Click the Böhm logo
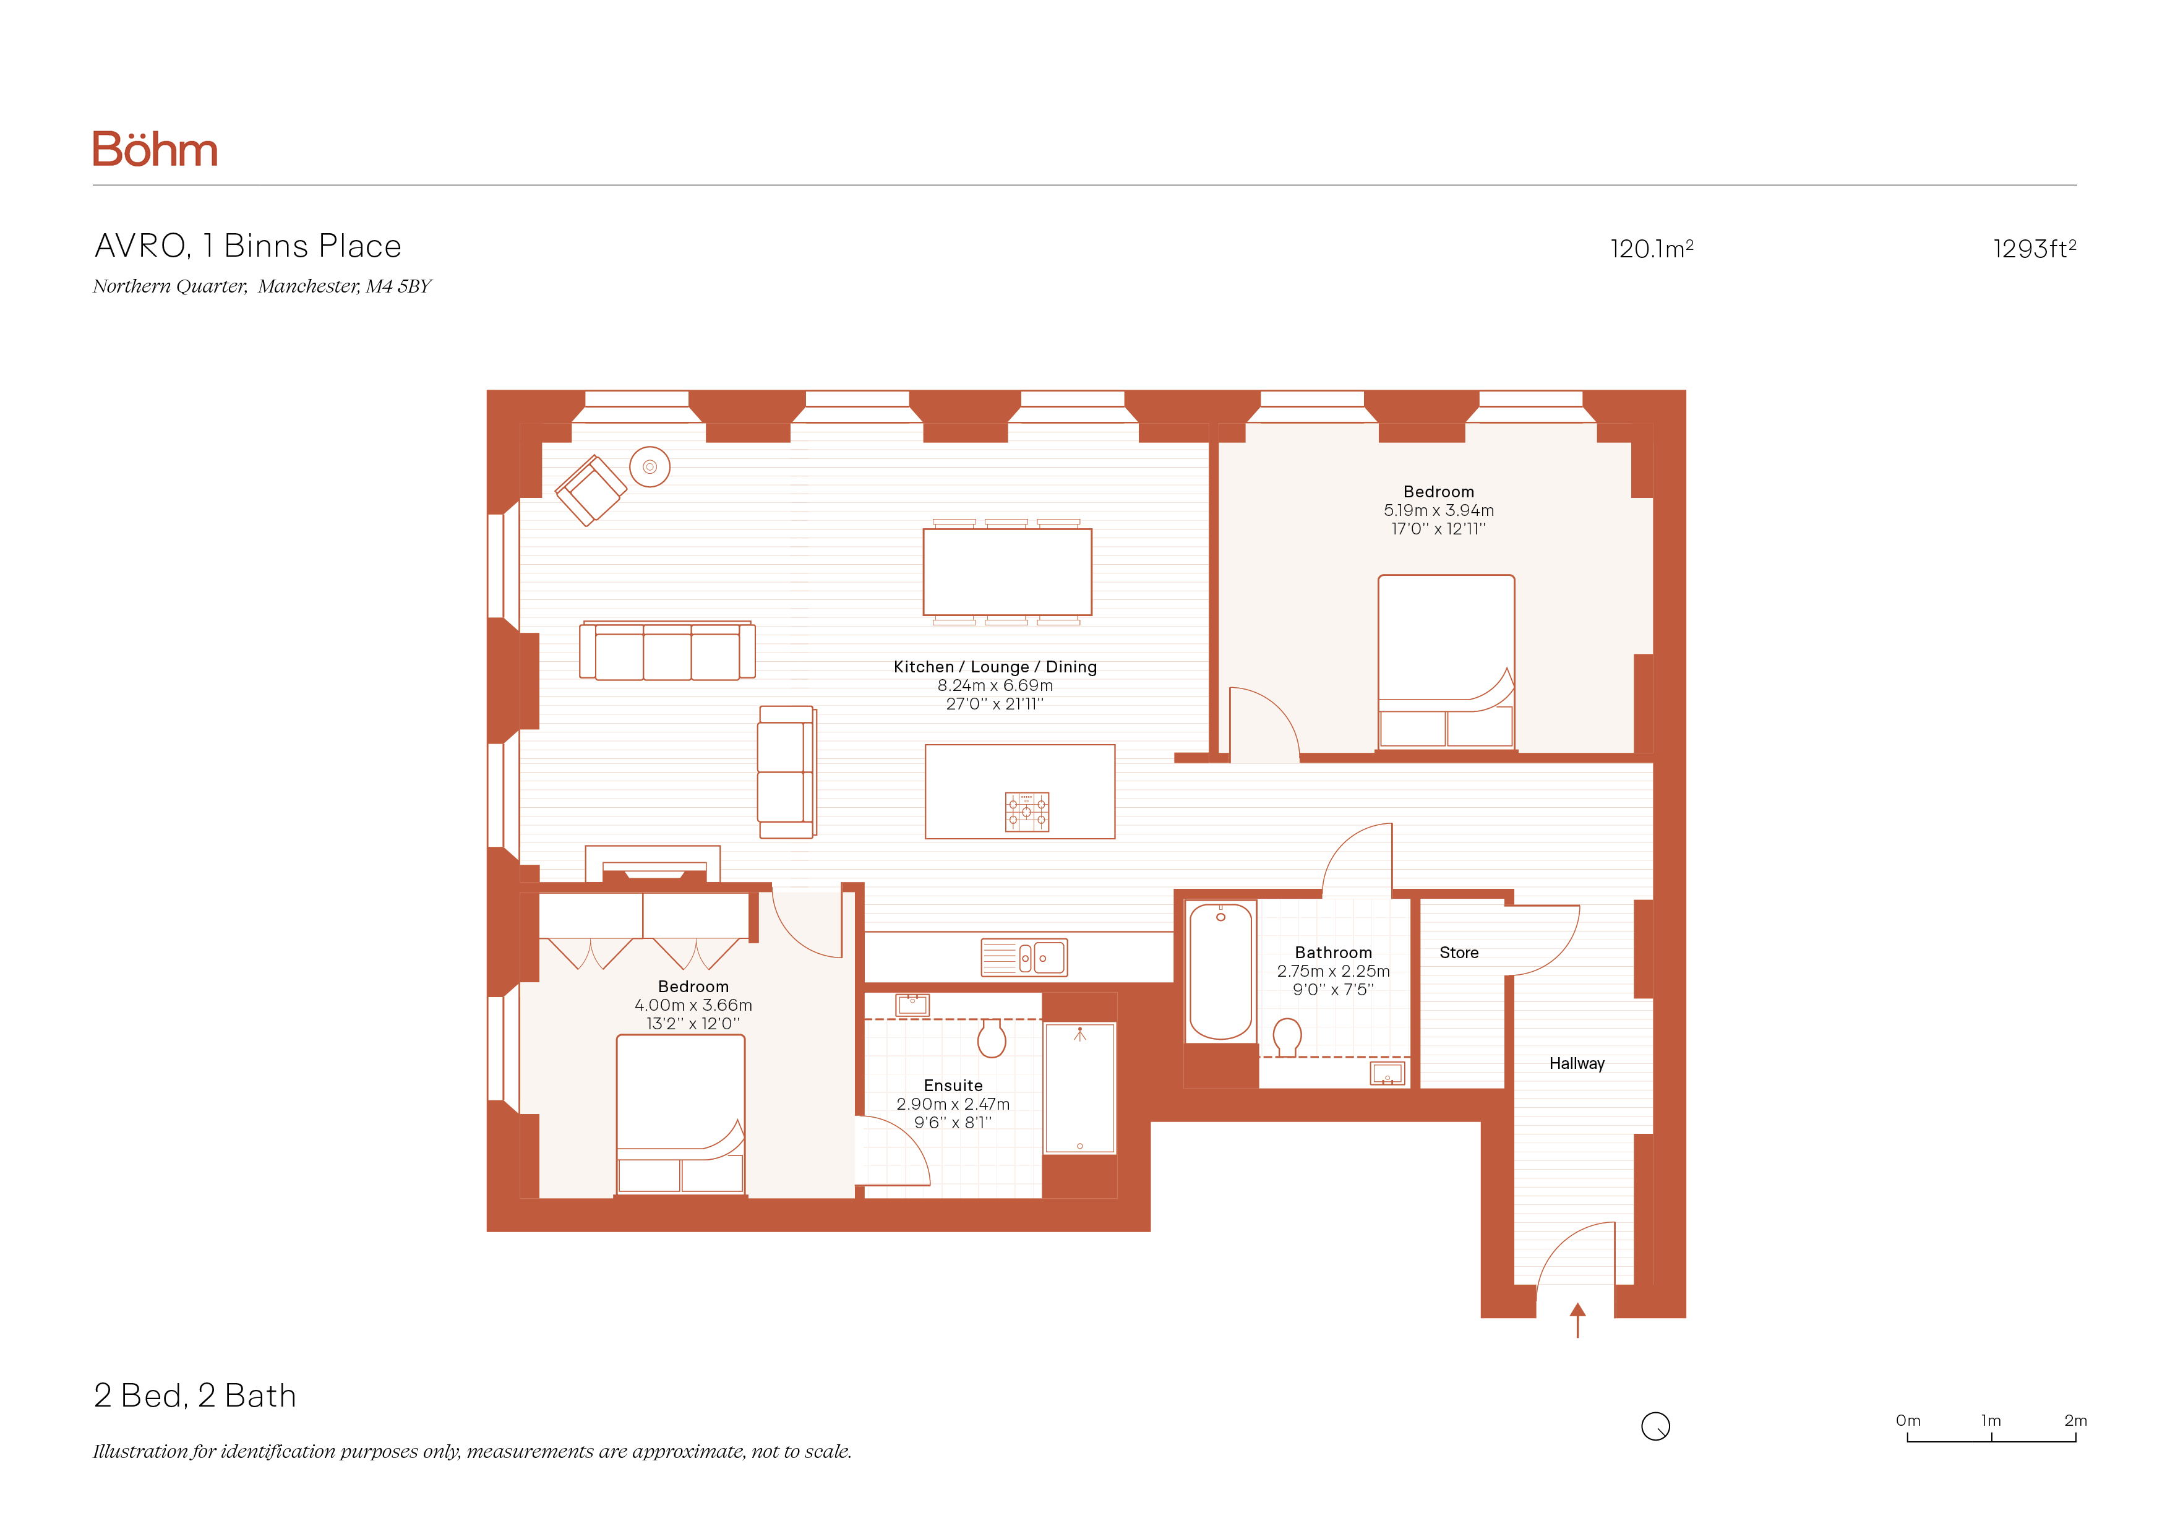155,149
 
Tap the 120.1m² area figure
1651,249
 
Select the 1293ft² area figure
2034,249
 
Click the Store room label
1459,953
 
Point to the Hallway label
1576,1063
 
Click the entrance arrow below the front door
1577,1321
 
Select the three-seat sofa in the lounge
667,650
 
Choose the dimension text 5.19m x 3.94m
1438,510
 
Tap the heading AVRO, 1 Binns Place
247,246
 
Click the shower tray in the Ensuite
1079,1088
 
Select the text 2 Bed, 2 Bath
195,1396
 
